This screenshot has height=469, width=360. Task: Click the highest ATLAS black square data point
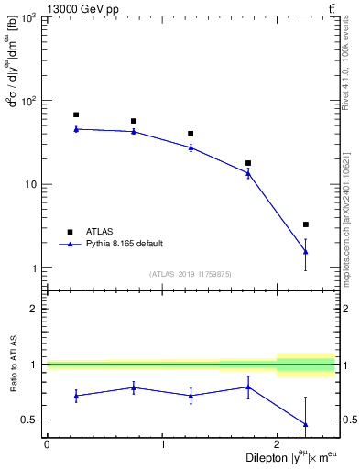point(76,115)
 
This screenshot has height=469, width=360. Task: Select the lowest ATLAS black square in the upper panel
point(306,224)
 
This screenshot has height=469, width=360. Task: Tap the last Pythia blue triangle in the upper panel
point(306,251)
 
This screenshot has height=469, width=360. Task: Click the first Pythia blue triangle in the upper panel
point(76,129)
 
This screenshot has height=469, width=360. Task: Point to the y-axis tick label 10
point(33,184)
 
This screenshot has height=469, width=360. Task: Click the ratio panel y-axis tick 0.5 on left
point(33,420)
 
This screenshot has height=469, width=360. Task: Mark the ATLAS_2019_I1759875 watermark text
point(191,273)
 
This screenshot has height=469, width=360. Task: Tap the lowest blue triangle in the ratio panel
point(306,424)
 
